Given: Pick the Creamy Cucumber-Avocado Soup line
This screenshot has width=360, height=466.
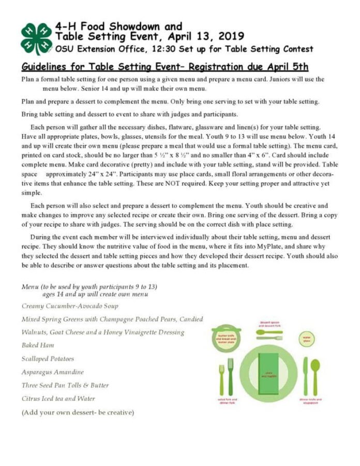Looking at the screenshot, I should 70,306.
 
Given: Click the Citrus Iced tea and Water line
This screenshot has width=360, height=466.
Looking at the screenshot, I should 58,399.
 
